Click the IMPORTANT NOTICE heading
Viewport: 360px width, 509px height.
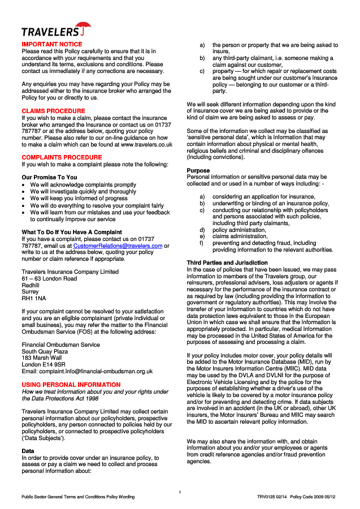tap(51, 44)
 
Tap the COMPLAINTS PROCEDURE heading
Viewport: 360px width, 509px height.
tap(62, 157)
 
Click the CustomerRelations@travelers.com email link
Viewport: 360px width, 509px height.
tap(118, 246)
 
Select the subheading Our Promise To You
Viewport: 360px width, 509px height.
tap(49, 178)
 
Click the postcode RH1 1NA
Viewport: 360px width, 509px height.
tap(34, 298)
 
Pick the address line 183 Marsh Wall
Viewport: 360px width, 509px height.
tap(42, 357)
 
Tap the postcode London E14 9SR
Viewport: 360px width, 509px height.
tap(44, 364)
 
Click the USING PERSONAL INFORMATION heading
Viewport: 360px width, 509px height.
tap(71, 385)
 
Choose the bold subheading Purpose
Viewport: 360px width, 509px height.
tap(198, 170)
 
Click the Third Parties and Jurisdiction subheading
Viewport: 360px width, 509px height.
tap(227, 263)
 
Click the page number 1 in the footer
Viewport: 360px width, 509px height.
tap(180, 492)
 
